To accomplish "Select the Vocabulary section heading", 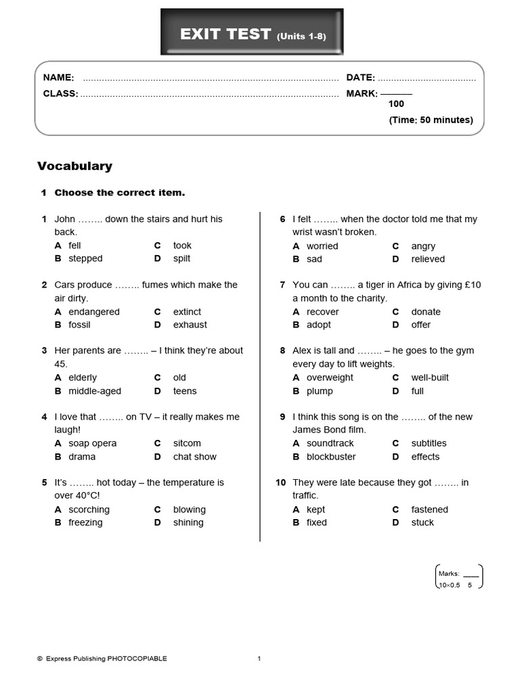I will pos(74,166).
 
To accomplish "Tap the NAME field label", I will pos(58,78).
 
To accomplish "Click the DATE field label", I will pos(360,78).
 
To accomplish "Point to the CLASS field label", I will pos(60,93).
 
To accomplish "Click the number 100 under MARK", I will pos(396,104).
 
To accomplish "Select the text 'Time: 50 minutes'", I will pos(431,120).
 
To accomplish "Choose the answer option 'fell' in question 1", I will pos(74,245).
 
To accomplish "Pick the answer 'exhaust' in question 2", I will pos(190,325).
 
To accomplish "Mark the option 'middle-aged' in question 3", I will pos(95,391).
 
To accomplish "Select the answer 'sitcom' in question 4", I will pos(187,443).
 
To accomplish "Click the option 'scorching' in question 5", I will pos(89,510).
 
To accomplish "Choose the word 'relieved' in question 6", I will pos(428,259).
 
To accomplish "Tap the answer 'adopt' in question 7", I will pos(319,325).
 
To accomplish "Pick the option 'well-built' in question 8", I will pos(430,378).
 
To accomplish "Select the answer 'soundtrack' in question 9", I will pos(330,443).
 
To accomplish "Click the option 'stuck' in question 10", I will pos(422,522).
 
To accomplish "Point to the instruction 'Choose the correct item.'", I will pos(119,193).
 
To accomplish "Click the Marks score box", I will pos(458,577).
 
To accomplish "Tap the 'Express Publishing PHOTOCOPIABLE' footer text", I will pos(106,658).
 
